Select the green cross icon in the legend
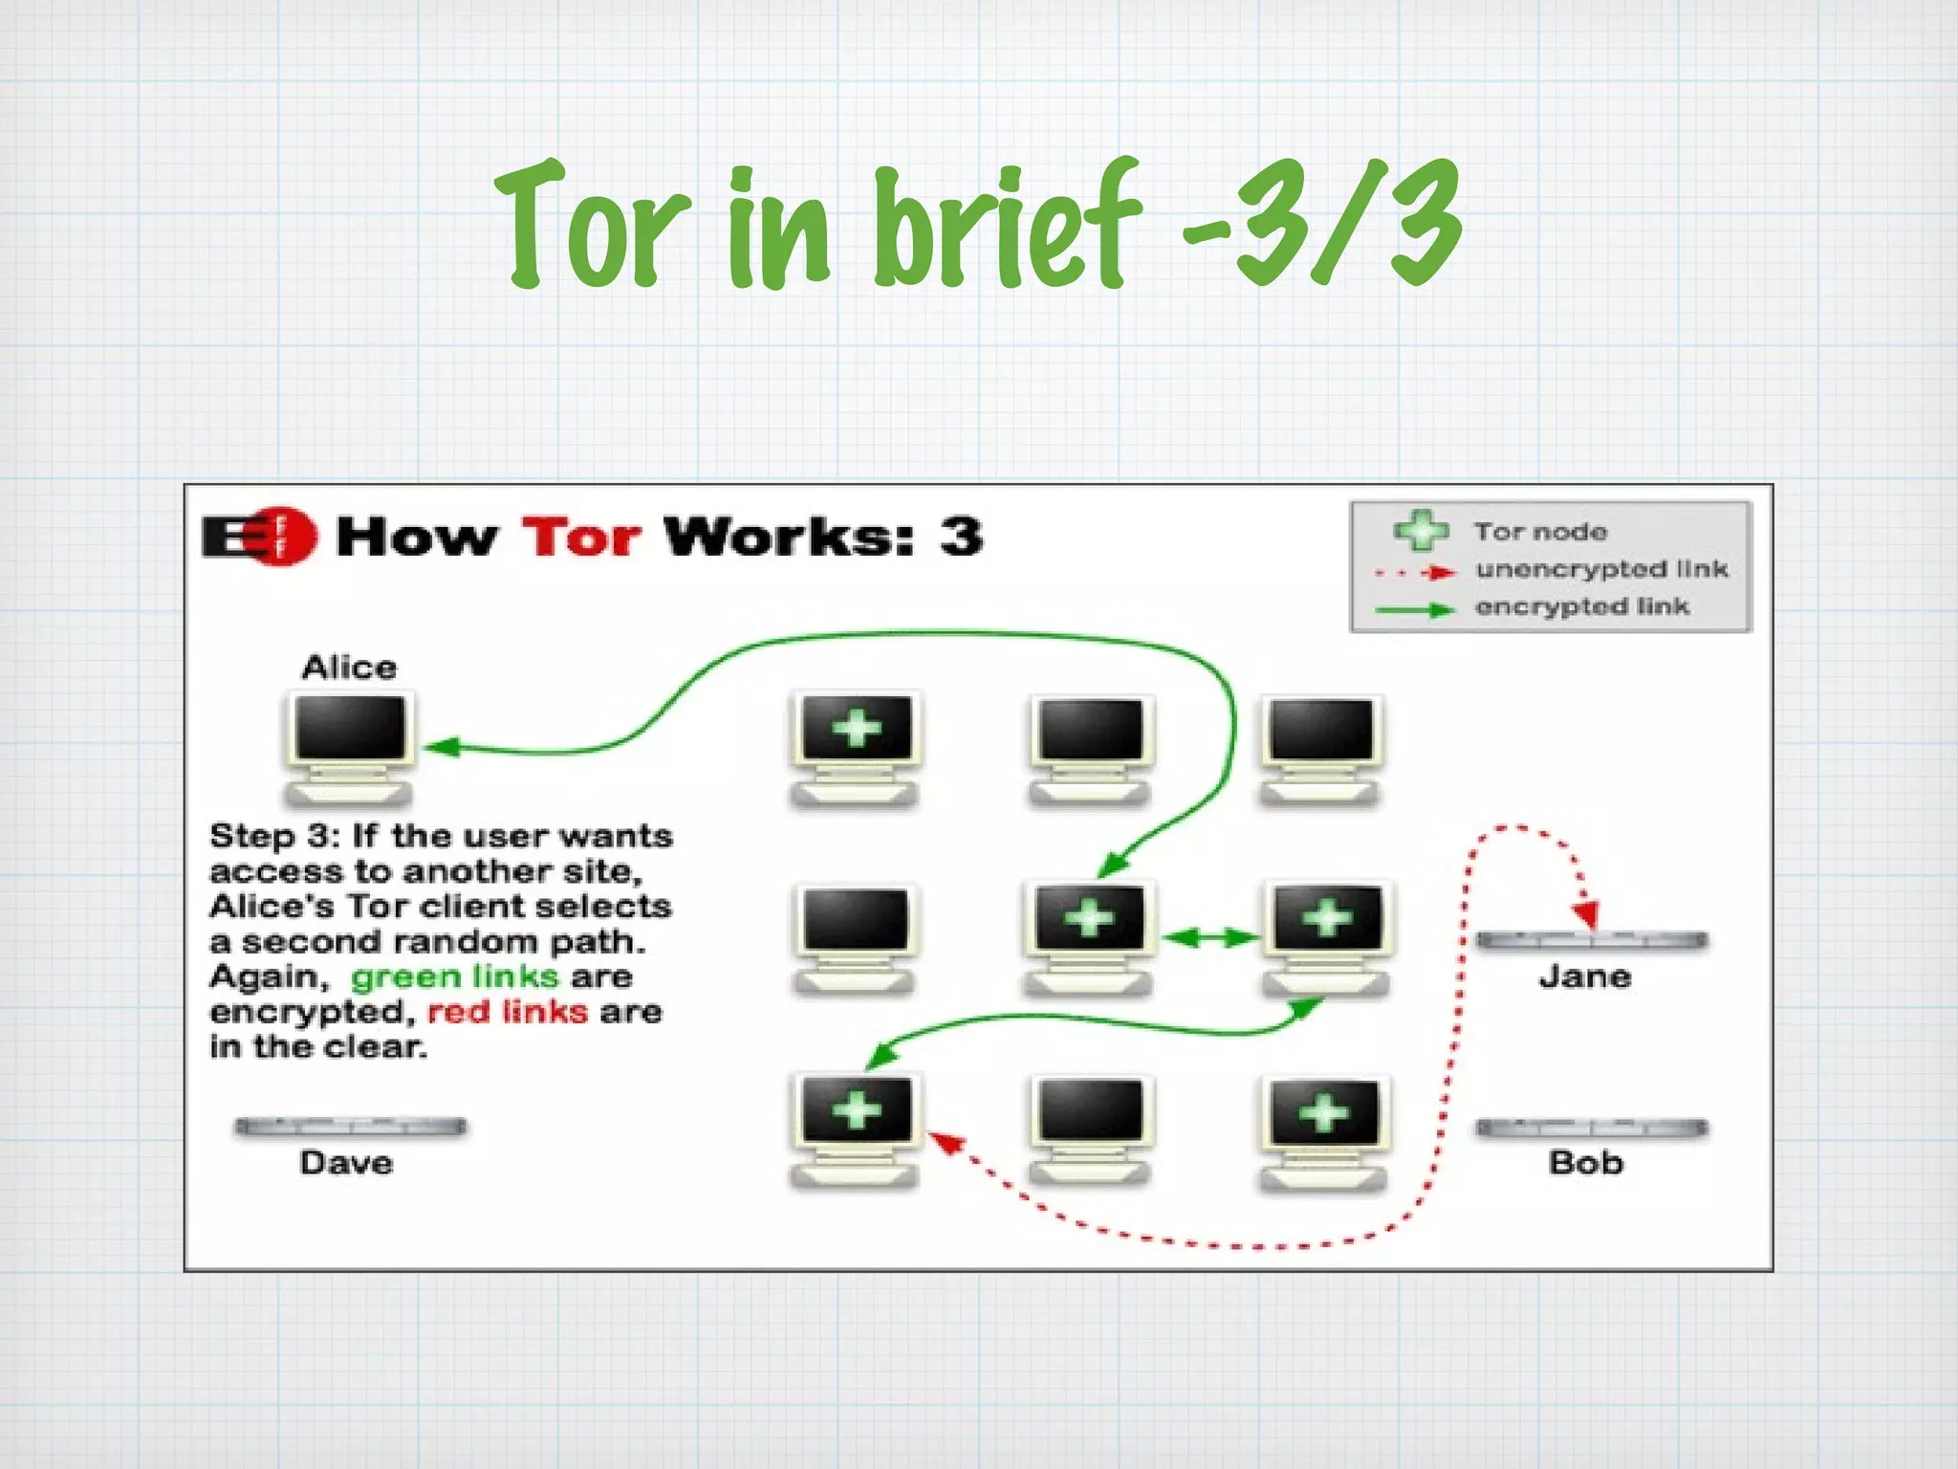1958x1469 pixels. coord(1421,530)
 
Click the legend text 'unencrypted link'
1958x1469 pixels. coord(1601,570)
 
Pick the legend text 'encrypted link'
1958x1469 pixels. coord(1582,606)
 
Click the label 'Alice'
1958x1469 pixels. coord(349,667)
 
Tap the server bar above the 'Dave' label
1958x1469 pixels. coord(350,1127)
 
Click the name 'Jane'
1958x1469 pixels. coord(1585,976)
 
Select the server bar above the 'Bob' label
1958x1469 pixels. coord(1592,1129)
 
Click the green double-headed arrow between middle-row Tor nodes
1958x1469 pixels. coord(1211,937)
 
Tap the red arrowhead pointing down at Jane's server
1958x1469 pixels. coord(1587,913)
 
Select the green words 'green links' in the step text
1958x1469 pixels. coord(454,976)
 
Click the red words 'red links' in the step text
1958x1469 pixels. coord(507,1012)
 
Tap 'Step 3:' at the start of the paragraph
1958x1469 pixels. coord(273,836)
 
